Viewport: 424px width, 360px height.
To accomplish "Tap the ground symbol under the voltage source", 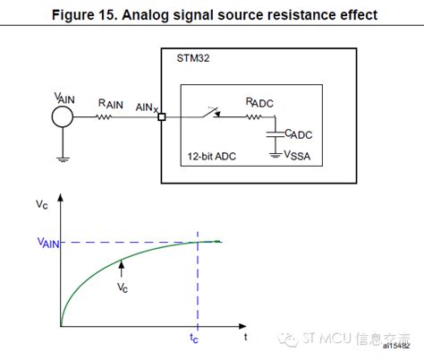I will [x=61, y=159].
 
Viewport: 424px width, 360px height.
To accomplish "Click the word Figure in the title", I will [x=100, y=15].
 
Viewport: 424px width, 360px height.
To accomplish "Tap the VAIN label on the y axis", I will [x=46, y=241].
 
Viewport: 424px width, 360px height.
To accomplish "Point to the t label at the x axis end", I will [x=247, y=338].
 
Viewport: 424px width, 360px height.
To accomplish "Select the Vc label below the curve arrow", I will [x=122, y=288].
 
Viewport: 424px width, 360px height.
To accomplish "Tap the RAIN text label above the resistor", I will [x=111, y=103].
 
